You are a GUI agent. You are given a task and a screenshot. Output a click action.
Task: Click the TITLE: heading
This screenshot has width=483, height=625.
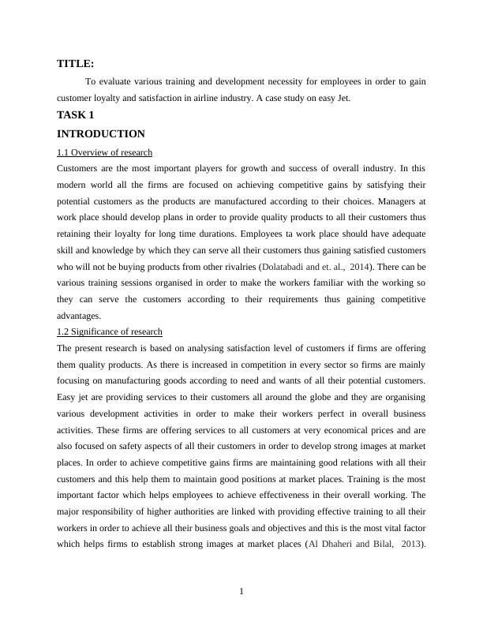(76, 63)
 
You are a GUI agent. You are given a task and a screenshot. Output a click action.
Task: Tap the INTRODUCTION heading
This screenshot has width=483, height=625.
(101, 134)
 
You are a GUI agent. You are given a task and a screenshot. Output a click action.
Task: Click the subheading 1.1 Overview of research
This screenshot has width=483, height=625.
(105, 152)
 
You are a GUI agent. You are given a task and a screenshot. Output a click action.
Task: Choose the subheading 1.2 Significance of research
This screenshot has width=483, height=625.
(110, 332)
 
